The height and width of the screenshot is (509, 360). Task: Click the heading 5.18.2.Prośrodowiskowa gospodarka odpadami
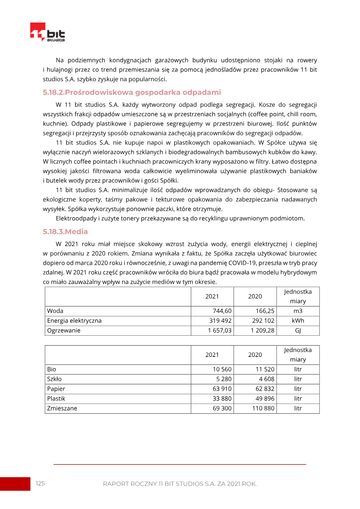click(132, 93)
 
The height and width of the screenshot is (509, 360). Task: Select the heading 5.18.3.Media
click(65, 232)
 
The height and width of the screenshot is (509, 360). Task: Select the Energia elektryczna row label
click(74, 321)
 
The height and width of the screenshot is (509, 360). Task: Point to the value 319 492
click(220, 321)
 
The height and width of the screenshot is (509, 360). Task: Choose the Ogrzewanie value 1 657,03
click(220, 331)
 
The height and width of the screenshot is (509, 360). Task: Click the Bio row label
click(52, 369)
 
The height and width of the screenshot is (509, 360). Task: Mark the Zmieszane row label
click(62, 409)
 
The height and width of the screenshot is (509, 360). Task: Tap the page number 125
click(40, 484)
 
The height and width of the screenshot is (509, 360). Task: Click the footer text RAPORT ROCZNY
click(130, 484)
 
